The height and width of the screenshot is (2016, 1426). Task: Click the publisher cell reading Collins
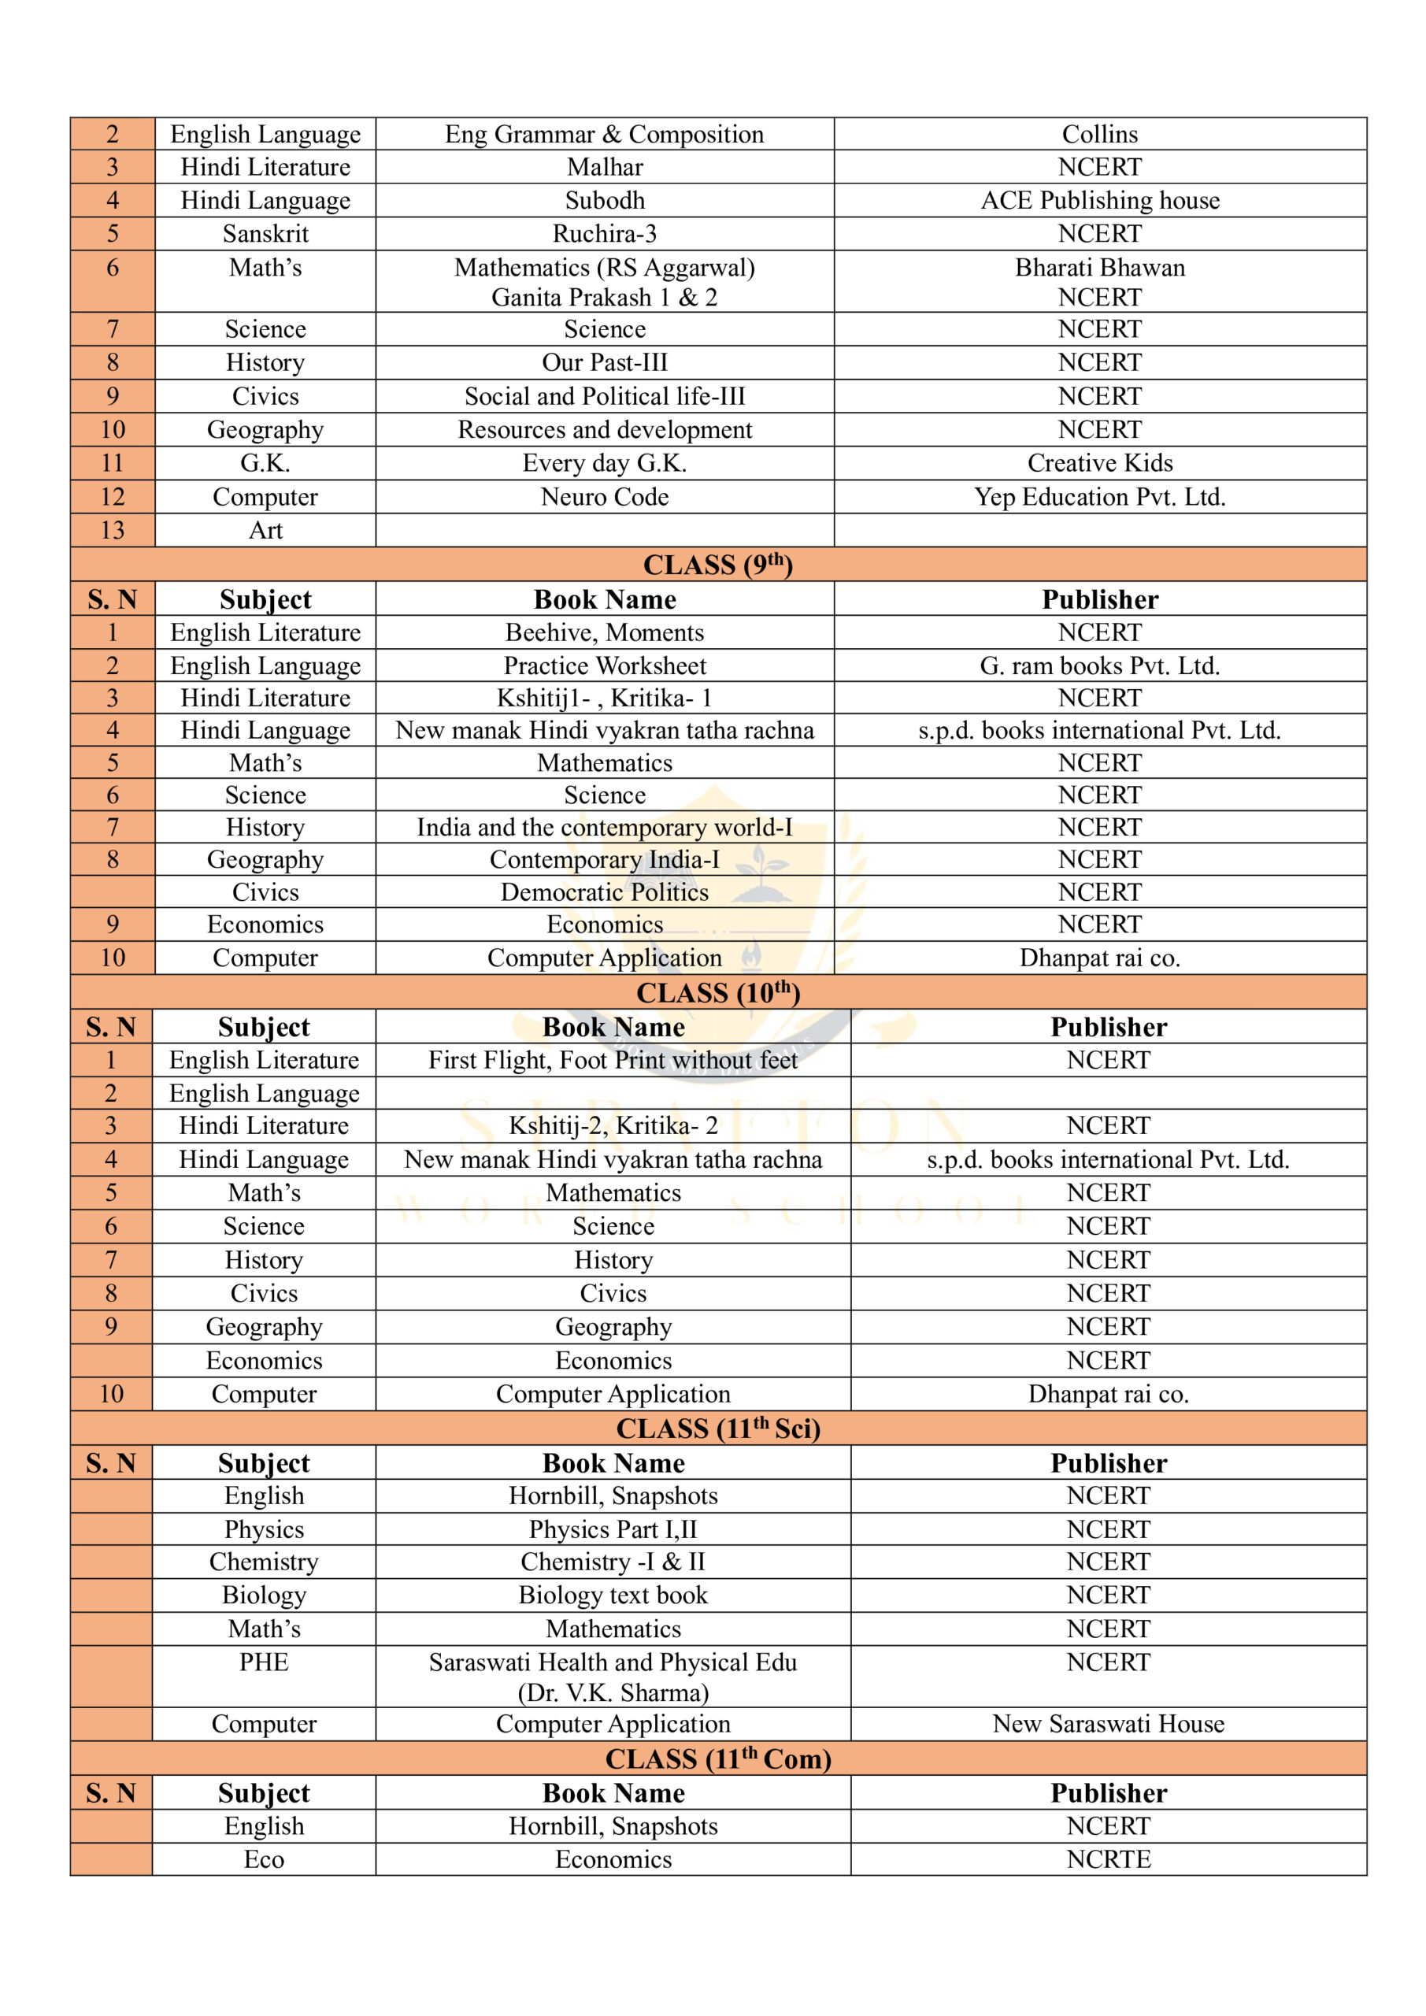(1099, 135)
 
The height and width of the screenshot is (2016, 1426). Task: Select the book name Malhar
(604, 168)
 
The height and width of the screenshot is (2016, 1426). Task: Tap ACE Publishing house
(1099, 201)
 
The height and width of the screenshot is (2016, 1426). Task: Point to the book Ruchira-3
(604, 235)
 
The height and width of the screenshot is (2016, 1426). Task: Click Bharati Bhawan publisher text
(1099, 268)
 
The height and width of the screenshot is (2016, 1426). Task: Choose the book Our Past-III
(604, 362)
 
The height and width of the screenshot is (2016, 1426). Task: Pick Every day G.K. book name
(604, 464)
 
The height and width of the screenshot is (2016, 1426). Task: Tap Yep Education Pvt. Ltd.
(1099, 497)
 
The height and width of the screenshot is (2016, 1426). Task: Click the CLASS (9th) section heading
(717, 565)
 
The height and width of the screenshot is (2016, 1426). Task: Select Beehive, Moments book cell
(604, 633)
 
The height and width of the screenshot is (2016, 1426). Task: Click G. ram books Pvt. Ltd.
(1099, 666)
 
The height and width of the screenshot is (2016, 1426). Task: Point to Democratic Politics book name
(604, 892)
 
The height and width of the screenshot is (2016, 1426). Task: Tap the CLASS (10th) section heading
(717, 993)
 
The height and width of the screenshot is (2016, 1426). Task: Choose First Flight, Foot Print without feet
(613, 1061)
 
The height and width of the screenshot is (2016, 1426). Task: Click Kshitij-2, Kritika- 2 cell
(613, 1125)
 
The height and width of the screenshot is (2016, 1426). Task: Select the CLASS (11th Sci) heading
(717, 1429)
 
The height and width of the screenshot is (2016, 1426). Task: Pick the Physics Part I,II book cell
(613, 1529)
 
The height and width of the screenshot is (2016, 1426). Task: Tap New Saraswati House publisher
(1108, 1724)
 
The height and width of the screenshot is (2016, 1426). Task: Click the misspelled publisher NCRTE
(1108, 1858)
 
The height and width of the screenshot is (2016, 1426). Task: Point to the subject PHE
(264, 1662)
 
